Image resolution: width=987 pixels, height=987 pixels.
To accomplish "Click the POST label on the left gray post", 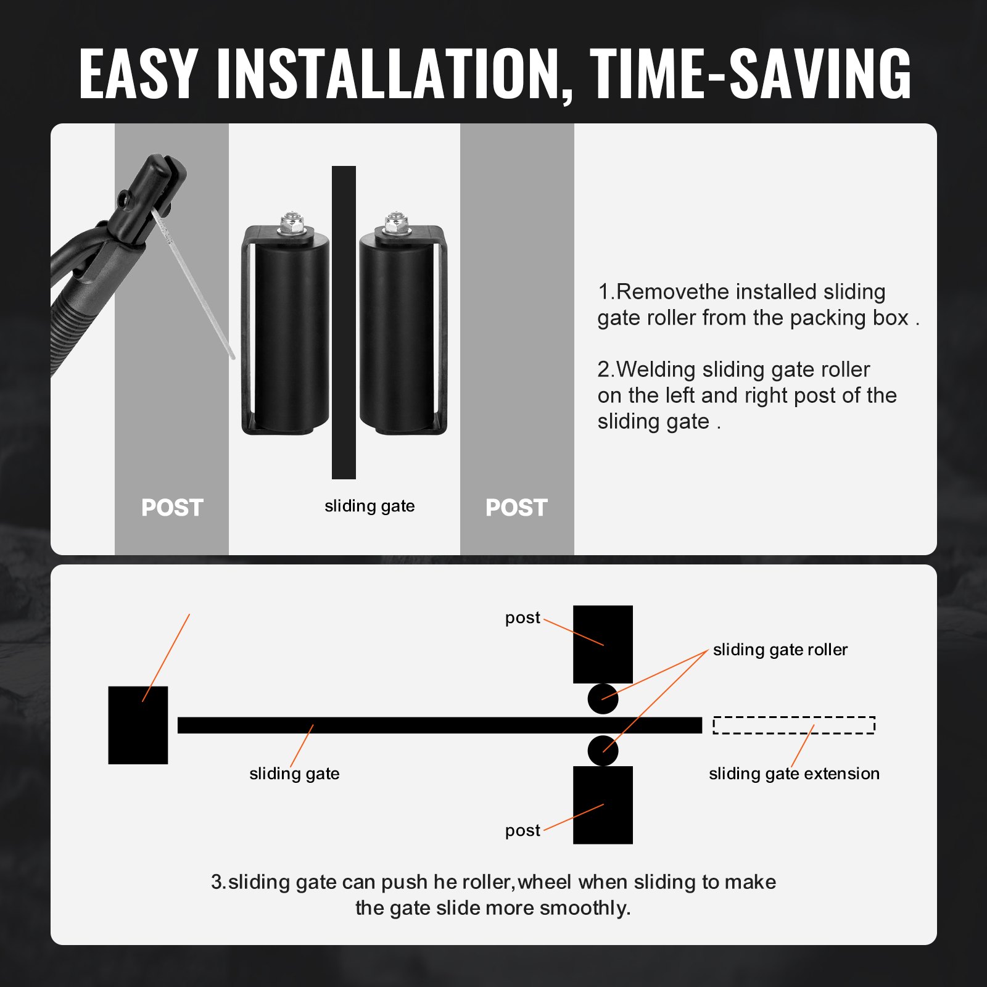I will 172,508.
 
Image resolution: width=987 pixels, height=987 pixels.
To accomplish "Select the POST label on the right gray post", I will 516,508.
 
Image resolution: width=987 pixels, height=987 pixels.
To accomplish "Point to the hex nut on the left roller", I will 289,223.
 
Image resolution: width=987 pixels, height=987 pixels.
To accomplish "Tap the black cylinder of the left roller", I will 292,333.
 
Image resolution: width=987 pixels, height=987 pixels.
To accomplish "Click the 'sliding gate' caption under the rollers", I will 370,506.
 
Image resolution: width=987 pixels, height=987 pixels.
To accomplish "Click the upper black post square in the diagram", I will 603,643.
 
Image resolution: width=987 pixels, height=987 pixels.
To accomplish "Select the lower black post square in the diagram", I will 603,805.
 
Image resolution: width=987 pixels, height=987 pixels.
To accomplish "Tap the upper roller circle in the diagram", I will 603,698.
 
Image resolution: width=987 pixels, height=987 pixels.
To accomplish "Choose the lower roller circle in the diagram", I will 603,751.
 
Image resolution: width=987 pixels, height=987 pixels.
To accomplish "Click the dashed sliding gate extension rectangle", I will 794,725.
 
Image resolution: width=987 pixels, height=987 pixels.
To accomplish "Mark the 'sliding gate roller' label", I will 780,650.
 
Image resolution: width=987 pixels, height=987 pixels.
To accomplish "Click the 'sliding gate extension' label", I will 794,774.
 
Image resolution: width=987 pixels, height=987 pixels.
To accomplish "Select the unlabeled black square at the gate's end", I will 138,725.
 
